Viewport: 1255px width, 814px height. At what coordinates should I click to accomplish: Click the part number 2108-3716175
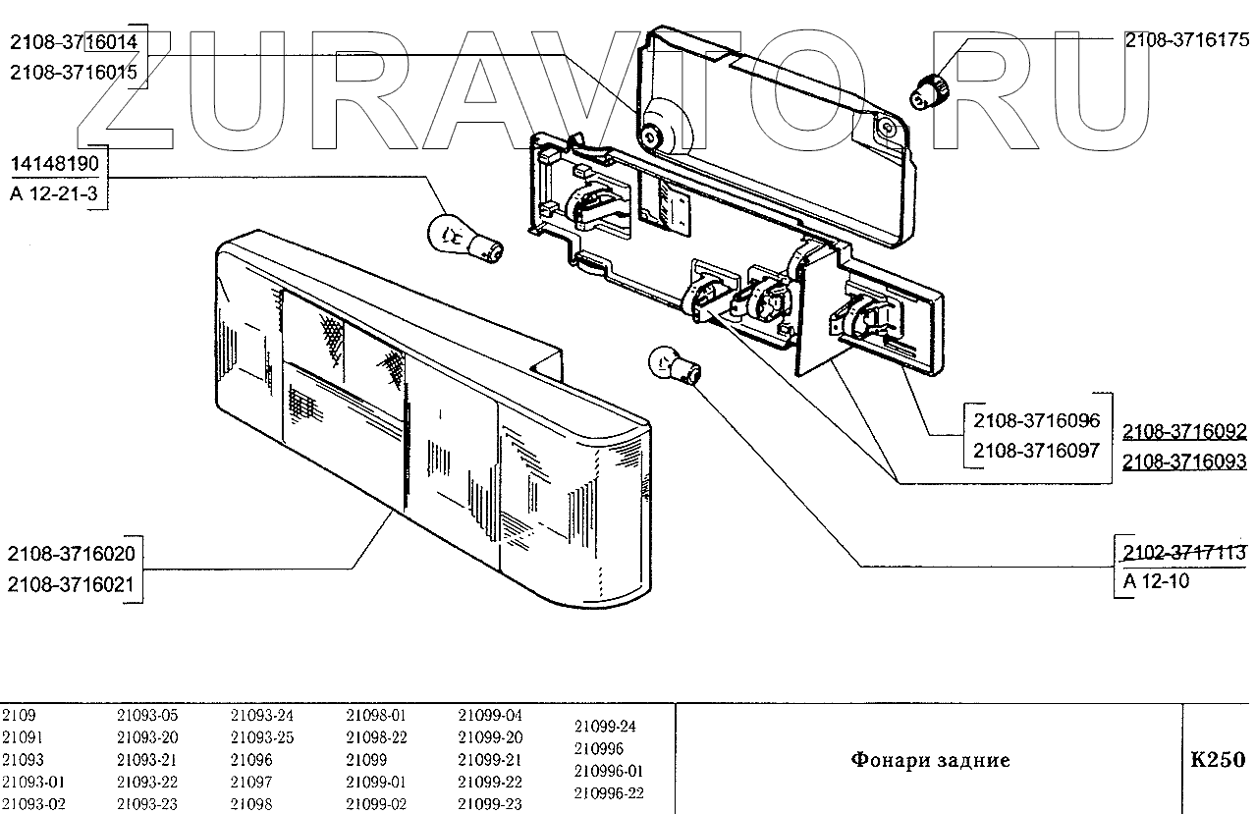tap(1185, 41)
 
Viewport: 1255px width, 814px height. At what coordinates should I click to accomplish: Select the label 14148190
tap(53, 163)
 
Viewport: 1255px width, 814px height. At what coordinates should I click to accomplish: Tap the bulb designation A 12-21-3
tap(53, 194)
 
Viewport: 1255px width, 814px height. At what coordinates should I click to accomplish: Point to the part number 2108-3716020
tap(71, 554)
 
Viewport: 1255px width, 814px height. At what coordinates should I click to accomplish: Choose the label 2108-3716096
tap(1037, 421)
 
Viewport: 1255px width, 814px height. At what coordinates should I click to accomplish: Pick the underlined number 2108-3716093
tap(1184, 461)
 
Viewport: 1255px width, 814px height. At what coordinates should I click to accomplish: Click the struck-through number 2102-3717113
tap(1184, 552)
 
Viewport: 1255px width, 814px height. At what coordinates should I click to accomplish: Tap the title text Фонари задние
tap(929, 760)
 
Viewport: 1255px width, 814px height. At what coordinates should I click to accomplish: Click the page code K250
tap(1218, 759)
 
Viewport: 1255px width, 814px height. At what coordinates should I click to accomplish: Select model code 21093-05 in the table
tap(147, 716)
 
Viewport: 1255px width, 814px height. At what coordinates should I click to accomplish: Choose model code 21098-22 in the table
tap(376, 737)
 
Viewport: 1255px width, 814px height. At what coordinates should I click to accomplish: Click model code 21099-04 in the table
tap(490, 716)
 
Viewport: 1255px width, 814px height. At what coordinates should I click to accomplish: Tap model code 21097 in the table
tap(251, 783)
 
